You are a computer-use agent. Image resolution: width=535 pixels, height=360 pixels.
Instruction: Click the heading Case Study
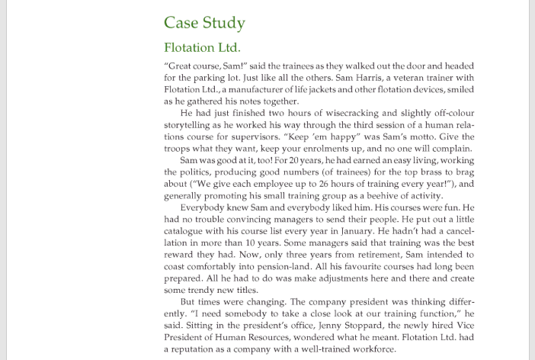click(204, 22)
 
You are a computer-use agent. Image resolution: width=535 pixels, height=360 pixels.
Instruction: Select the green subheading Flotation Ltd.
click(202, 47)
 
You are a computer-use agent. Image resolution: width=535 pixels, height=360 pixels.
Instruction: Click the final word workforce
click(371, 349)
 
